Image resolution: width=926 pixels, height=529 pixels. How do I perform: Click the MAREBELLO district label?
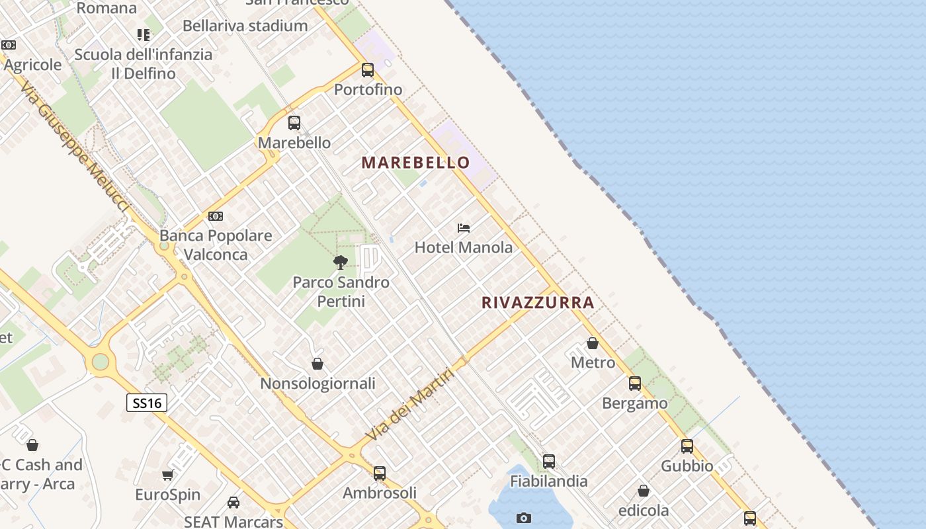(x=415, y=163)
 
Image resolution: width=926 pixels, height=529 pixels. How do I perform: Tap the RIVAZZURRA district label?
(x=538, y=303)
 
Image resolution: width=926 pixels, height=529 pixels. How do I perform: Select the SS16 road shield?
(x=147, y=402)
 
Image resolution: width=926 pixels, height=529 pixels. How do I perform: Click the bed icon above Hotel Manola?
(x=464, y=228)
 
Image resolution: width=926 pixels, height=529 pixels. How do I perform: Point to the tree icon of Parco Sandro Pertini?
(x=341, y=263)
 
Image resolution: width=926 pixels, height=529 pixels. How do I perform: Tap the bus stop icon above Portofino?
(x=368, y=69)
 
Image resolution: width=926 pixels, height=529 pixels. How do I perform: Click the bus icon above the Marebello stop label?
(x=294, y=122)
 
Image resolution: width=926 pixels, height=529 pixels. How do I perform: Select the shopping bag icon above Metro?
(x=593, y=343)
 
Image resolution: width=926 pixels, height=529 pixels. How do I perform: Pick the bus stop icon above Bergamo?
(x=635, y=383)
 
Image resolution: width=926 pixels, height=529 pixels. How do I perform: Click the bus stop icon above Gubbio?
(x=687, y=446)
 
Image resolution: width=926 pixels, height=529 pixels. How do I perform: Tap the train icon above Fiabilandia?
(x=549, y=462)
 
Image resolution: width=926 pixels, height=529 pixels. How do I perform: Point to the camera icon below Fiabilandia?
(x=524, y=518)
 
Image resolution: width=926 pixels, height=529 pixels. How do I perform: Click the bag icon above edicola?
(x=644, y=491)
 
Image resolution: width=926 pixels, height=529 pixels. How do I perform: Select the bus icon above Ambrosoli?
(x=380, y=473)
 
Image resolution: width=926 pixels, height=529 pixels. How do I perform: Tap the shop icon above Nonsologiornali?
(x=317, y=364)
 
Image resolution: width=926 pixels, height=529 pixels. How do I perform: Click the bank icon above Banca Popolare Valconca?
(x=216, y=216)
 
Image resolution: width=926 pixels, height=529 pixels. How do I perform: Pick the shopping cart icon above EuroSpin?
(x=168, y=475)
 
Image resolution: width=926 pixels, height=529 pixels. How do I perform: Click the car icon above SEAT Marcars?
(x=233, y=503)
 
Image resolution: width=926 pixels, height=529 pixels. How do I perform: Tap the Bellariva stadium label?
(x=245, y=26)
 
